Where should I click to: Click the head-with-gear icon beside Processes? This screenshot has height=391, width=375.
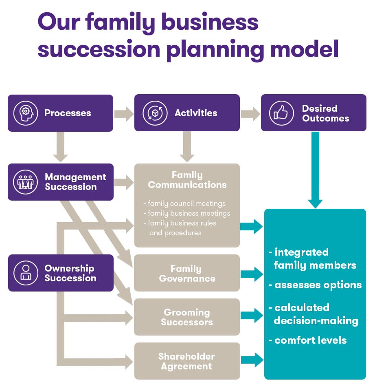click(x=26, y=113)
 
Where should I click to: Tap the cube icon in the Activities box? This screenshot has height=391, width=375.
click(x=155, y=113)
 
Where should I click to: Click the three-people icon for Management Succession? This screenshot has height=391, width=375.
click(x=26, y=182)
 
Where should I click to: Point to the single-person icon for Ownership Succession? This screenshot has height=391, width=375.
click(x=26, y=273)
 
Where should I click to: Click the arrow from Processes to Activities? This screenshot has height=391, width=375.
click(x=124, y=113)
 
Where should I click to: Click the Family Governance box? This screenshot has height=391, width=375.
click(x=187, y=273)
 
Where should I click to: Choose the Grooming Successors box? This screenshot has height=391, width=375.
click(x=187, y=317)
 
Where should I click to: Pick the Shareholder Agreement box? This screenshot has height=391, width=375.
click(x=187, y=361)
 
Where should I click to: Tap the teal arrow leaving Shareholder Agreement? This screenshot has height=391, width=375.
click(x=252, y=360)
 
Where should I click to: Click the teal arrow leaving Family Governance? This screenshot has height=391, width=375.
click(x=252, y=274)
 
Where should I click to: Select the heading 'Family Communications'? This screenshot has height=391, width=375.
click(x=187, y=180)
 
